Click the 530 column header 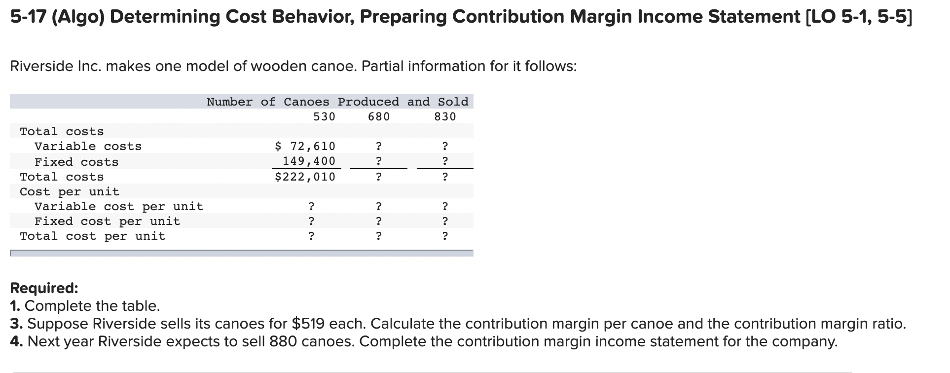(x=324, y=117)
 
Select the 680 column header (x=379, y=117)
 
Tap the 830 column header (x=445, y=117)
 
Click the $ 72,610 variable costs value (x=305, y=147)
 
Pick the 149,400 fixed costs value (x=309, y=161)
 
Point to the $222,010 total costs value (x=305, y=177)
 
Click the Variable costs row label (x=88, y=147)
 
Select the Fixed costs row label (x=76, y=162)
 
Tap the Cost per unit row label (x=70, y=191)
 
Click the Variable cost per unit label (x=119, y=206)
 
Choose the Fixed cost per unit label (x=108, y=221)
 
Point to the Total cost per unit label (x=93, y=236)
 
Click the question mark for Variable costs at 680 (x=378, y=147)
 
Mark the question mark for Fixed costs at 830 (x=445, y=161)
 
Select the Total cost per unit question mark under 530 (x=311, y=236)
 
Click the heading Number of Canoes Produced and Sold (x=337, y=102)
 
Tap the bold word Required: (x=44, y=288)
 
